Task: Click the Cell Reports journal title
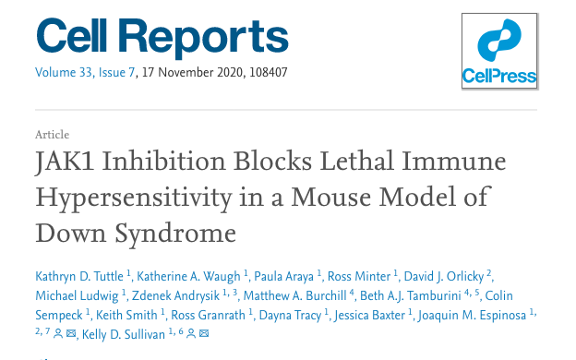(162, 38)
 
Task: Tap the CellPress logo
(498, 52)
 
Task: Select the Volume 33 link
(64, 73)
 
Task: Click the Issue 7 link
(117, 73)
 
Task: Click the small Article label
(52, 135)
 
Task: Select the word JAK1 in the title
(66, 164)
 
